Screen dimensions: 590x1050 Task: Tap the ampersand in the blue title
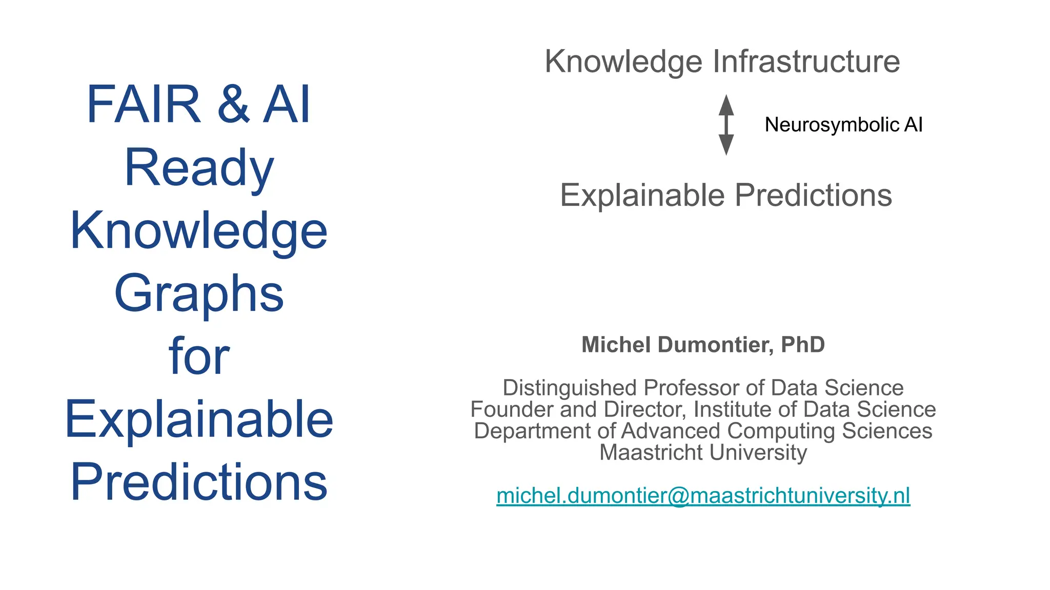(x=233, y=105)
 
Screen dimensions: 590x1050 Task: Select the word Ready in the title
(x=199, y=168)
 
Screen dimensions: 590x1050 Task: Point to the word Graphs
(x=199, y=294)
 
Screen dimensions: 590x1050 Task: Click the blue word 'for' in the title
(x=199, y=356)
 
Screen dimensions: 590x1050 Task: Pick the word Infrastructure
(x=806, y=61)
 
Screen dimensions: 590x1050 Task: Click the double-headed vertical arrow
(x=726, y=125)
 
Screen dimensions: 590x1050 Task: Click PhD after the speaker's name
(x=802, y=345)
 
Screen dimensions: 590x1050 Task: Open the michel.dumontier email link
(x=703, y=495)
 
